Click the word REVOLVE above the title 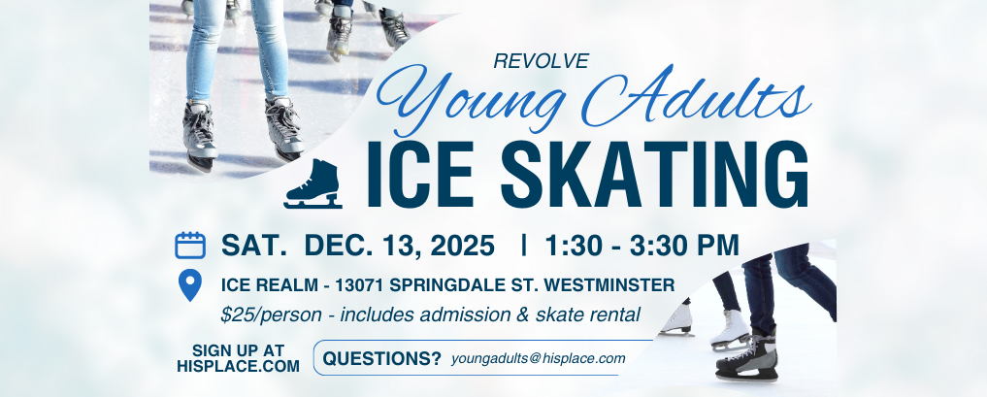pos(542,61)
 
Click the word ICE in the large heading pos(420,175)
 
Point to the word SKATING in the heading pos(654,175)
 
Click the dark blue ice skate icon pos(313,183)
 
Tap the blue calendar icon pos(190,246)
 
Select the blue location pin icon pos(190,285)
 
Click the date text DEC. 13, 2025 pos(399,246)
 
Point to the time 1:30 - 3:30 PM pos(642,246)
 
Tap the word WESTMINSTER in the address pos(609,285)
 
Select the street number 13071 pos(360,285)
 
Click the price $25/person pos(273,314)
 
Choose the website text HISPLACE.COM pos(238,366)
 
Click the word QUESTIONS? pos(382,358)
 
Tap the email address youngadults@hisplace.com pos(539,358)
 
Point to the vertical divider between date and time pos(524,245)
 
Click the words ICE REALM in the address pos(270,285)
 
